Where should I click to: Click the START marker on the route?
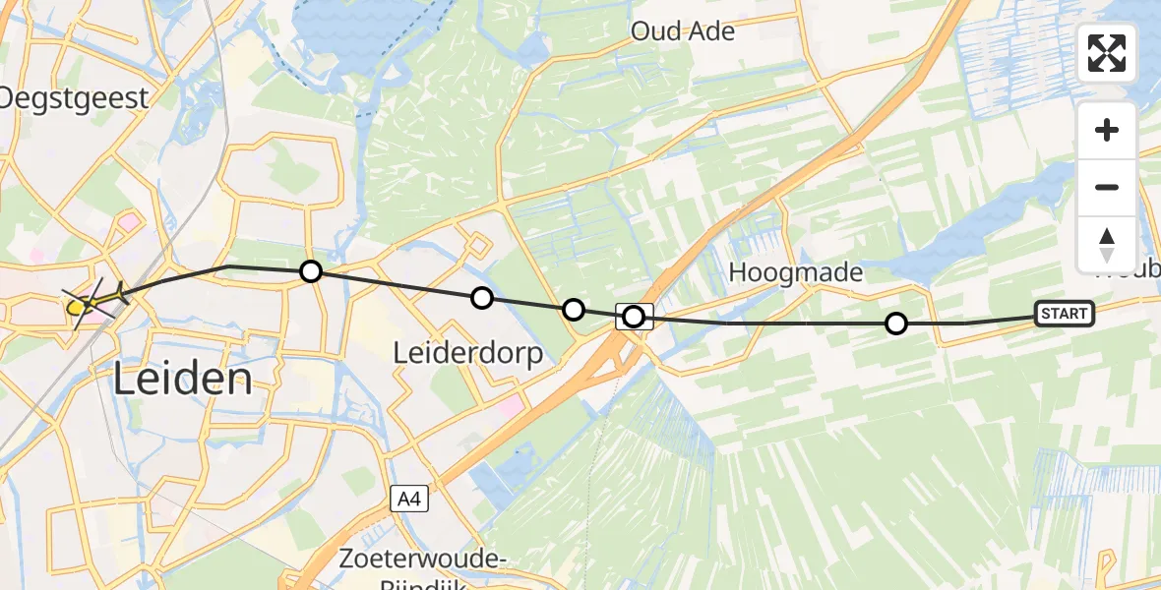[x=1065, y=314]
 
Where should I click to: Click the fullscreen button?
[x=1107, y=53]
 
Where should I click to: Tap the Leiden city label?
[x=183, y=379]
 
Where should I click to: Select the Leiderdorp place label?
[x=468, y=352]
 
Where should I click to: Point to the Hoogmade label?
[x=796, y=273]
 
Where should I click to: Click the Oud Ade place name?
[x=683, y=31]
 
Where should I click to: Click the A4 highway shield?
[x=408, y=500]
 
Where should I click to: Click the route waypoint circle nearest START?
[x=896, y=324]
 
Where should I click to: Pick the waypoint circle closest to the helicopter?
[x=311, y=271]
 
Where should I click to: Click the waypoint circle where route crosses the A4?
[x=634, y=317]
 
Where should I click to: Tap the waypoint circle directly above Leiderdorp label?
[x=482, y=298]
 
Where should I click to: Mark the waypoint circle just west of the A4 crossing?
[x=574, y=310]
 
